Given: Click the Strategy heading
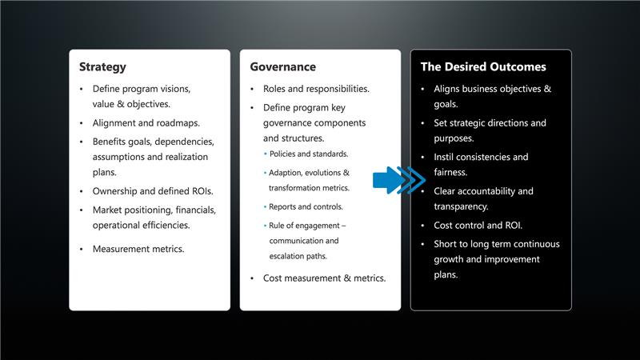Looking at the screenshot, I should (x=102, y=67).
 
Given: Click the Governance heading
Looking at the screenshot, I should (x=282, y=67).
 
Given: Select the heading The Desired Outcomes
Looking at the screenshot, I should (x=483, y=67).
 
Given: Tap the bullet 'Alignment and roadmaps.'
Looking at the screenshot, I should (x=146, y=123).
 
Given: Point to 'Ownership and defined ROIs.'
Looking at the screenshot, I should (x=152, y=191).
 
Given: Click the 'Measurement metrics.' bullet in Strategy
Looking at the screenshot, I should (x=138, y=249).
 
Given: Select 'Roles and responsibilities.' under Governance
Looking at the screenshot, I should (x=316, y=89).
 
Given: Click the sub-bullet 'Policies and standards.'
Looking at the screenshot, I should (x=309, y=154).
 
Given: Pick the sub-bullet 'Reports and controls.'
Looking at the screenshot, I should (x=306, y=206).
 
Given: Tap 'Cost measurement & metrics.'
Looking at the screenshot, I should (x=324, y=278).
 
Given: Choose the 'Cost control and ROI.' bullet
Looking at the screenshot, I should (x=478, y=226).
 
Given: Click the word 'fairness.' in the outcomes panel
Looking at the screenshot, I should (x=450, y=172).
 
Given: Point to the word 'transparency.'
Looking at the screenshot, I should (x=461, y=206).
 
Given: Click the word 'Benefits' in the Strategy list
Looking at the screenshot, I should (x=110, y=142).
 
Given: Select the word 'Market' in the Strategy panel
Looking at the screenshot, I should (x=108, y=210).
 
